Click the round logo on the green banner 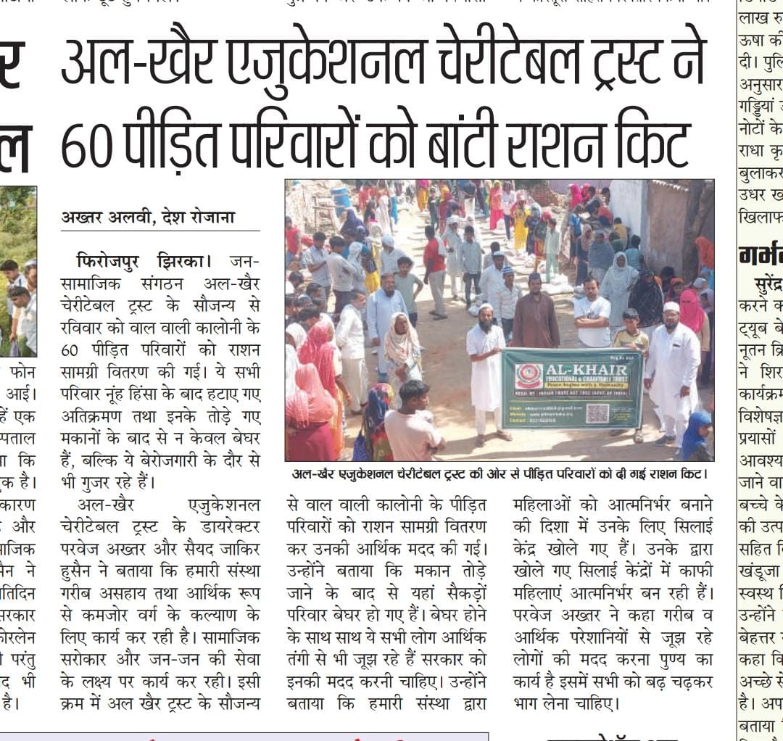(528, 377)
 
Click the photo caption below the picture (499, 475)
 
